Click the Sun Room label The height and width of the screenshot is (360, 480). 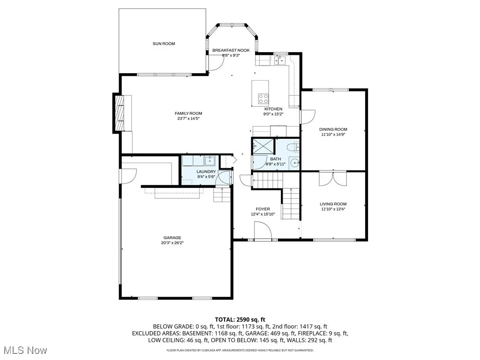click(164, 44)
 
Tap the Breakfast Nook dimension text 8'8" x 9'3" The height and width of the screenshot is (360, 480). click(231, 55)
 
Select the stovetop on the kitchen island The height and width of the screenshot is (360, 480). click(263, 98)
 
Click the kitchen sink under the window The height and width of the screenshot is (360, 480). click(280, 60)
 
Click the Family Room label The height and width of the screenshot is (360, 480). click(188, 113)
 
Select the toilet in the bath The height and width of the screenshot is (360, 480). click(294, 148)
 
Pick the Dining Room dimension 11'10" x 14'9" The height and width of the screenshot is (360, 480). click(333, 135)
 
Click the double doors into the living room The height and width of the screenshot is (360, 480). click(333, 179)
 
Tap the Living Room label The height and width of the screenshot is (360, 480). click(333, 204)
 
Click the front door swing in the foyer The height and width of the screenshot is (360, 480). click(262, 231)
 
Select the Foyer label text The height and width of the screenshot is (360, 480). click(262, 209)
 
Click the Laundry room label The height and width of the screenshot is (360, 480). click(206, 172)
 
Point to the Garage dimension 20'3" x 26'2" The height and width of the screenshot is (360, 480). click(172, 243)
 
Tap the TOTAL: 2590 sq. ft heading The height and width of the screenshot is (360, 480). click(240, 319)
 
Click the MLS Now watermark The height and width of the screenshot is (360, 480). click(25, 350)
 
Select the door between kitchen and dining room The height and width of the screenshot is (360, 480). click(307, 117)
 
